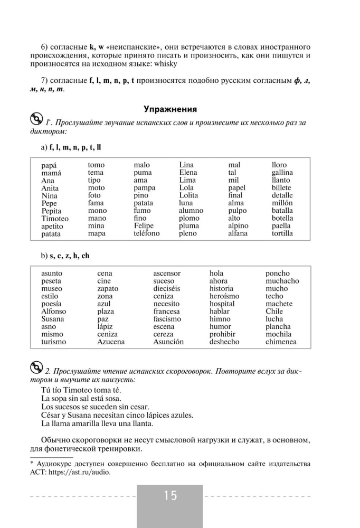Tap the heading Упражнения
[x=170, y=109]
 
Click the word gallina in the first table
[x=282, y=173]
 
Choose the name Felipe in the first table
[x=144, y=226]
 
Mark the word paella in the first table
[x=281, y=226]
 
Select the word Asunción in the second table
[x=168, y=342]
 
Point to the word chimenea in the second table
[x=281, y=342]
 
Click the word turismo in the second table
[x=54, y=342]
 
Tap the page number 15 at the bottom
[x=170, y=496]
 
